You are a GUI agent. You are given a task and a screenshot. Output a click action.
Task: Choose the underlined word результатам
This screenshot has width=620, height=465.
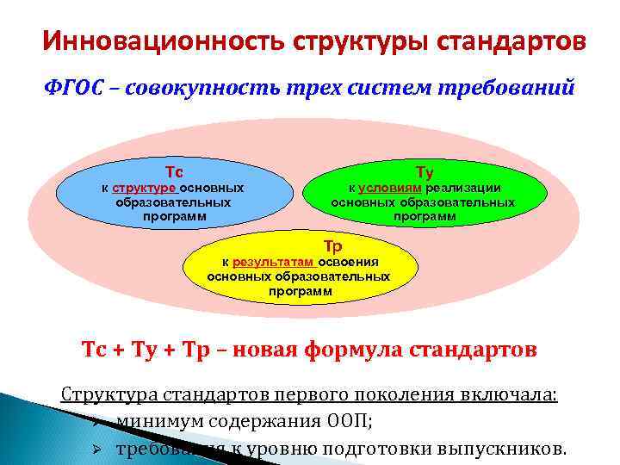click(x=273, y=262)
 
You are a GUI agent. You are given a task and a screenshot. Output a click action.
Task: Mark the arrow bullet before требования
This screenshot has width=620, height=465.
click(x=97, y=449)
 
